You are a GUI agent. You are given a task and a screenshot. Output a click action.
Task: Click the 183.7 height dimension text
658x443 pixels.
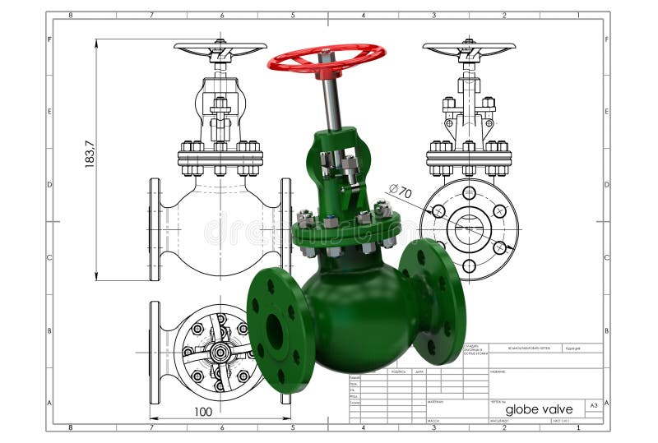(90, 155)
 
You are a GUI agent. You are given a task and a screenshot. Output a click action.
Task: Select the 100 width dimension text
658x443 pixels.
(203, 411)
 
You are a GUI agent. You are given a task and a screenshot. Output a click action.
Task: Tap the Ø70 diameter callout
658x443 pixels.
(400, 191)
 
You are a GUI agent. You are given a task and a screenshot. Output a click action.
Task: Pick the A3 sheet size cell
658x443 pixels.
(593, 405)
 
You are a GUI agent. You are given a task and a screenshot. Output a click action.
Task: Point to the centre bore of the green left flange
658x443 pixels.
(275, 330)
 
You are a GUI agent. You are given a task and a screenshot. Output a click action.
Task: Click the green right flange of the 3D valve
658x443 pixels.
(433, 302)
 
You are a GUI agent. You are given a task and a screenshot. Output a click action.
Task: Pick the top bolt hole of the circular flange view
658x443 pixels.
(469, 193)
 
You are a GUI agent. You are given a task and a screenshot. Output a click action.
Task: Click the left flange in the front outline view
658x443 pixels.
(155, 229)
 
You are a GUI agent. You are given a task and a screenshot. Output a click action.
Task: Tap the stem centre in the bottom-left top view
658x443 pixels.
(219, 352)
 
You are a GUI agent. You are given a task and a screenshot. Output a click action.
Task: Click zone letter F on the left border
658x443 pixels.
(50, 39)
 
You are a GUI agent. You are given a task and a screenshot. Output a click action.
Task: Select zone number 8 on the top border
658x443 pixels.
(71, 15)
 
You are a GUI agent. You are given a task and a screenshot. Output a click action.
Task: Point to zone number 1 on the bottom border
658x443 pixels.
(577, 427)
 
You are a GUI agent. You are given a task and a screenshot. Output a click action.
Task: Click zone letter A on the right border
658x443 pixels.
(607, 403)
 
